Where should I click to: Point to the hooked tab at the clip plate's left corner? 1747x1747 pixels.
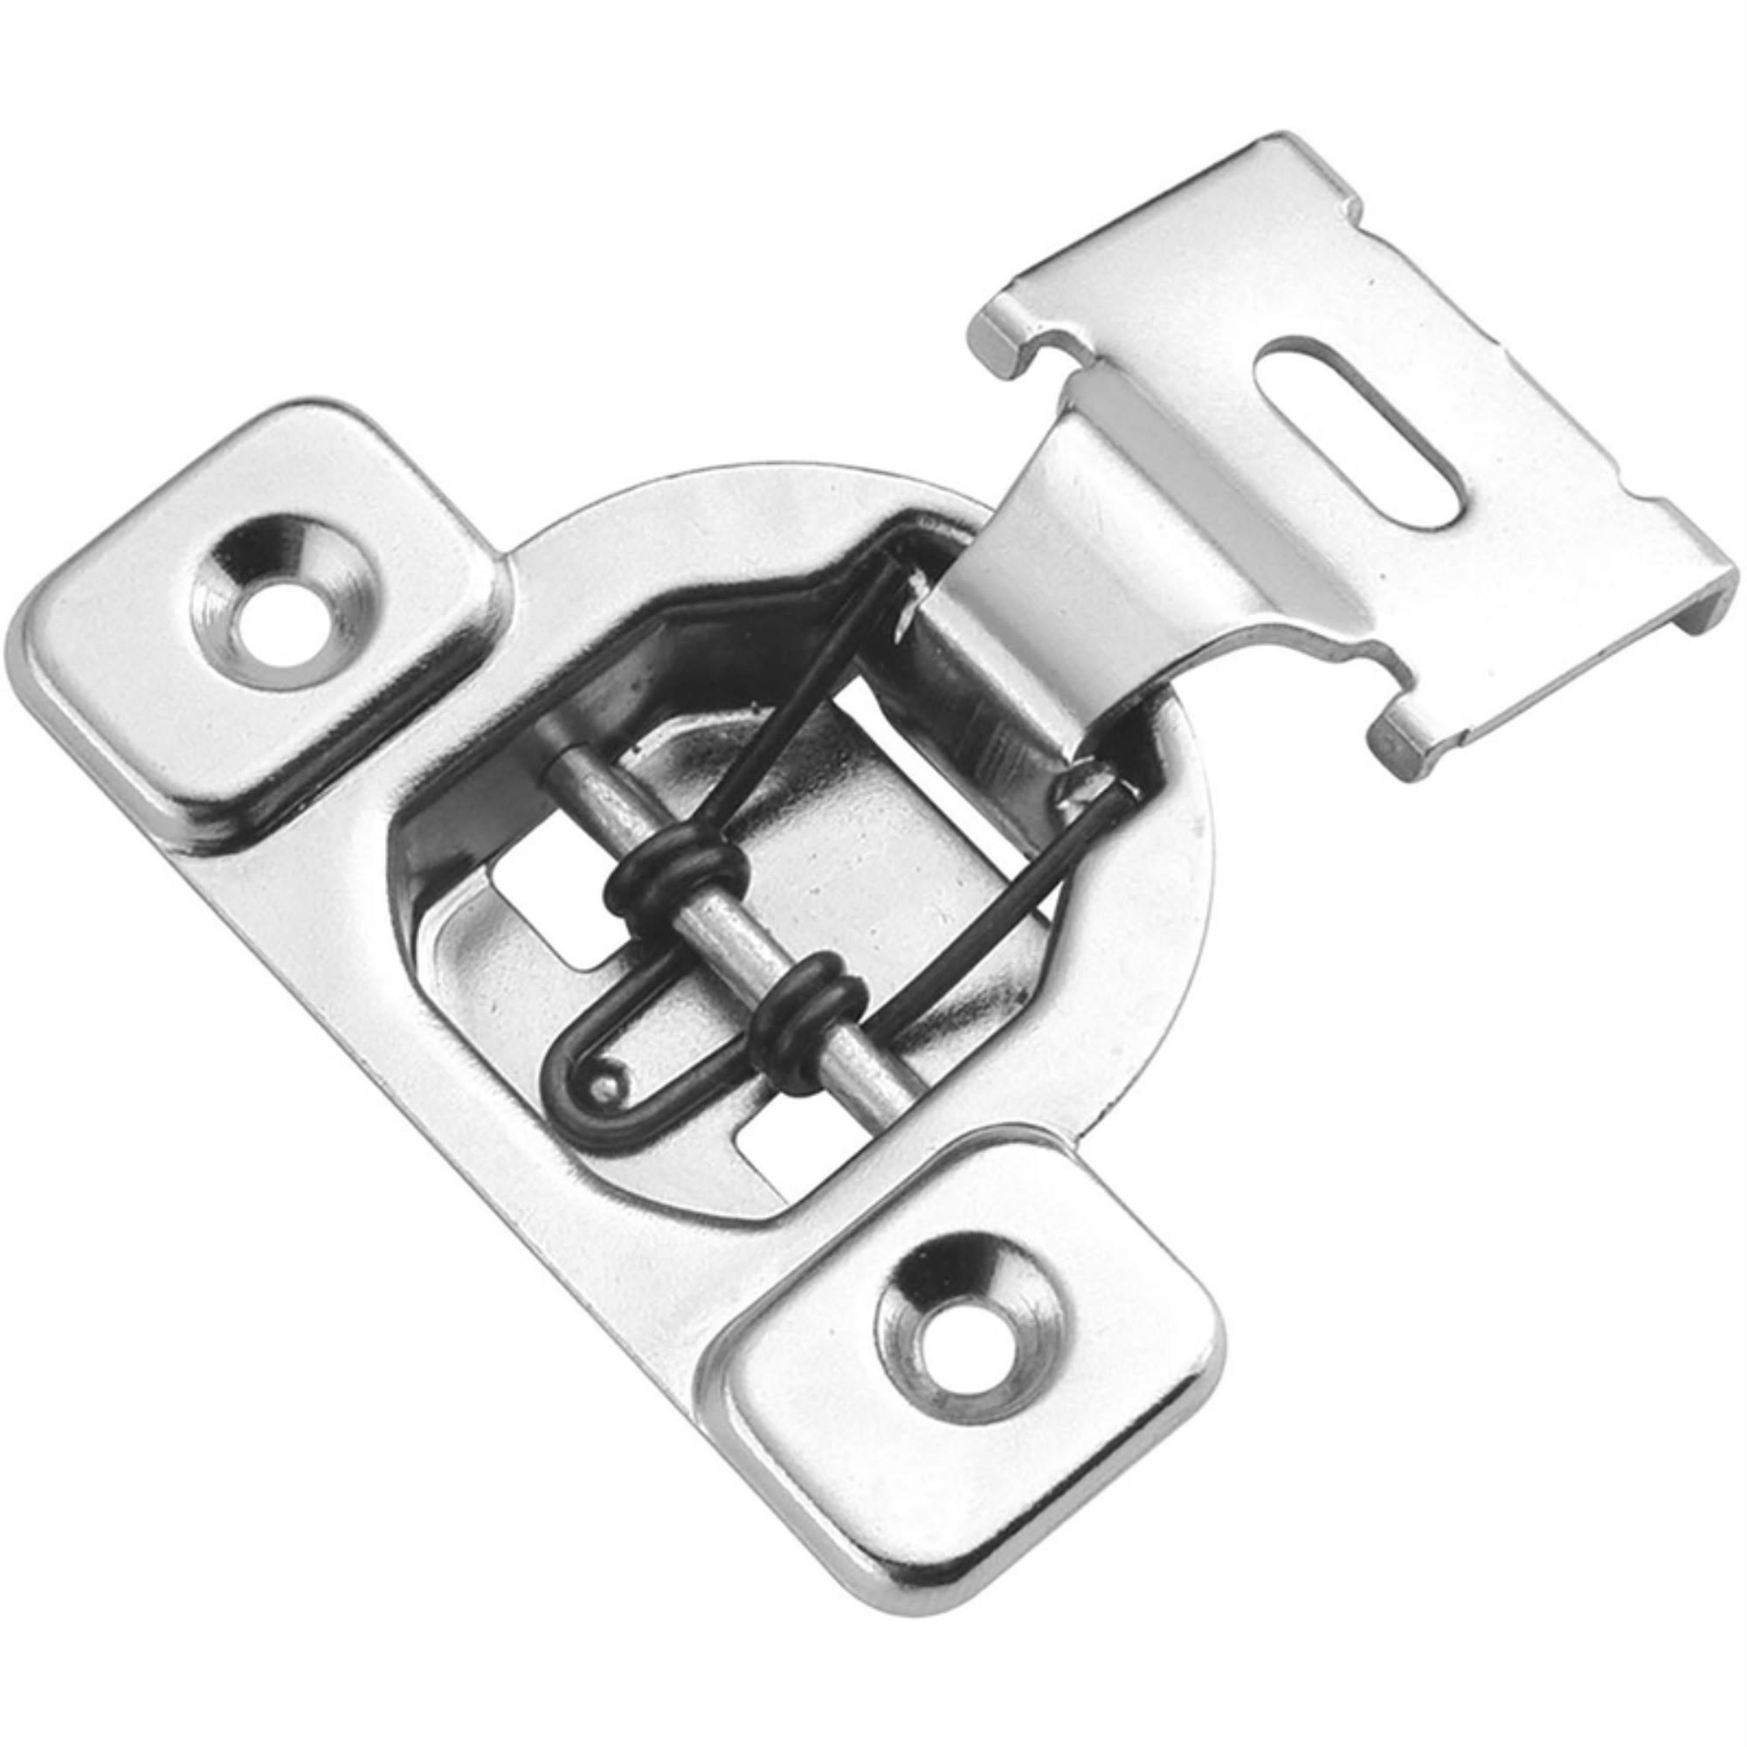tap(1004, 335)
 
